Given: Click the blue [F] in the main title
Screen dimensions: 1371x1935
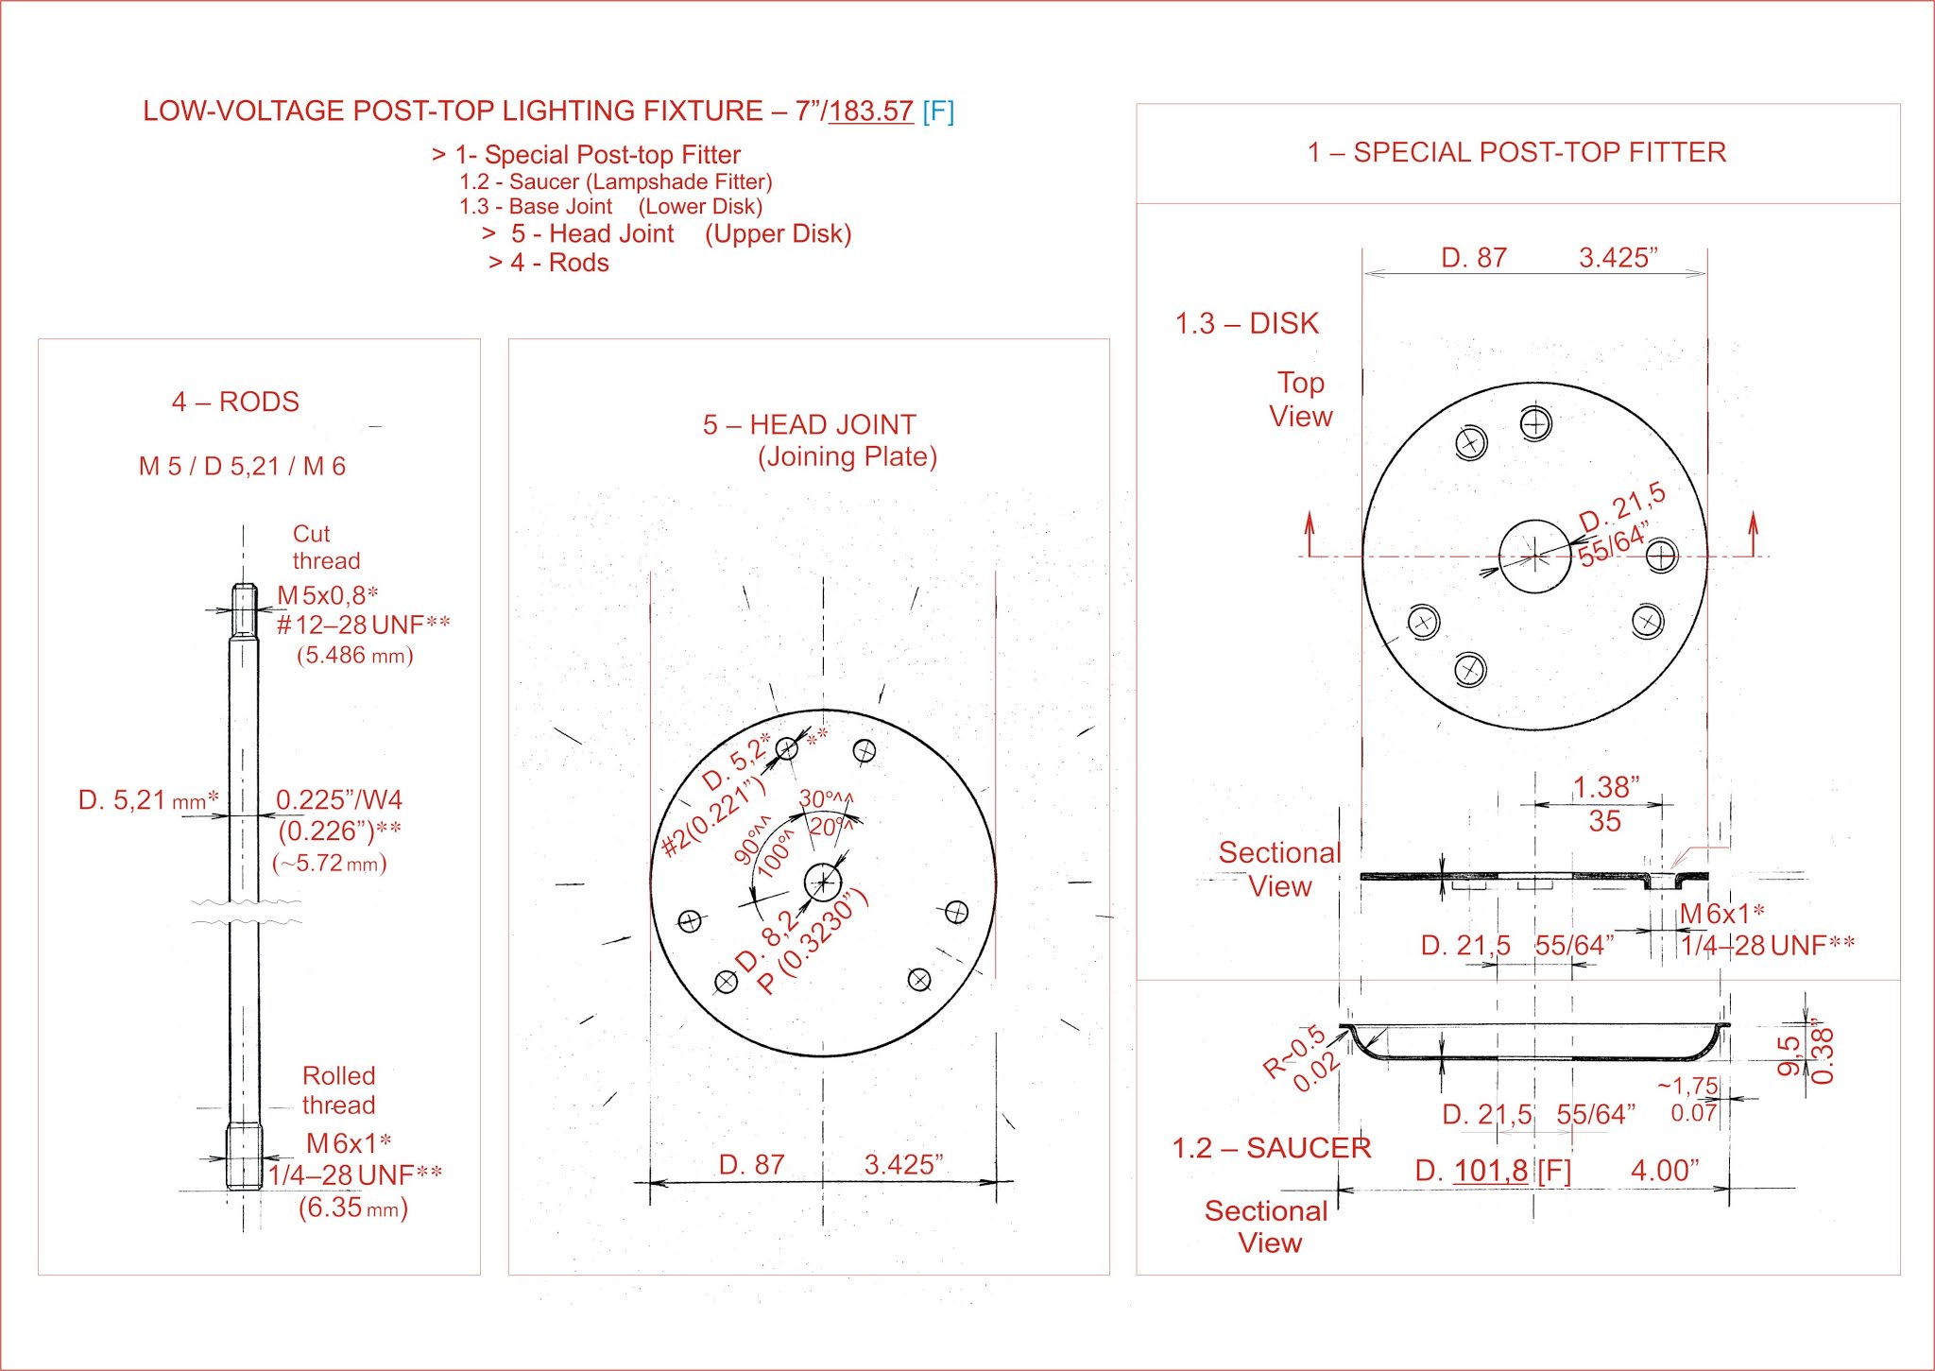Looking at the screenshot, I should tap(938, 111).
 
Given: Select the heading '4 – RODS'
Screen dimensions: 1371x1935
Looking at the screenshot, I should tap(235, 402).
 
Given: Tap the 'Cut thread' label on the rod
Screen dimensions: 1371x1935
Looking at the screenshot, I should tap(326, 547).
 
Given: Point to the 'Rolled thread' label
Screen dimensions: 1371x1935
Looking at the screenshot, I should tap(338, 1090).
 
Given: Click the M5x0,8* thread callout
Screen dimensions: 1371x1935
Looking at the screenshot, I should tap(327, 595).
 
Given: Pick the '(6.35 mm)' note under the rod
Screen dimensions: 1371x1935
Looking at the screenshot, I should tap(352, 1208).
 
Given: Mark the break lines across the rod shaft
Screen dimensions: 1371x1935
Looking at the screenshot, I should tap(246, 911).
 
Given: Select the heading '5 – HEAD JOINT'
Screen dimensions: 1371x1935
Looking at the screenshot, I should tap(809, 425).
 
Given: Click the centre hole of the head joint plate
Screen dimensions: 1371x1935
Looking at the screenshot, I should tap(823, 883).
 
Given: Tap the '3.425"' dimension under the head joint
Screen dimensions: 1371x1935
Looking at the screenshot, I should tap(903, 1164).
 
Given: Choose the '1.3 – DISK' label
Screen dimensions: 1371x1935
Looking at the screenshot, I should tap(1246, 323).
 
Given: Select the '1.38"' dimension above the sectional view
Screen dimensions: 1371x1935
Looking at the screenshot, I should tap(1605, 786).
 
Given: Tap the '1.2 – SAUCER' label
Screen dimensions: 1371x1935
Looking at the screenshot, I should tap(1271, 1148).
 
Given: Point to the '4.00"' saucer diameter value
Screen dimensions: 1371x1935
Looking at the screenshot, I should tap(1665, 1171).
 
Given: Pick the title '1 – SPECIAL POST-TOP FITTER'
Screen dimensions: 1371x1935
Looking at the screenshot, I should tap(1516, 152).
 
